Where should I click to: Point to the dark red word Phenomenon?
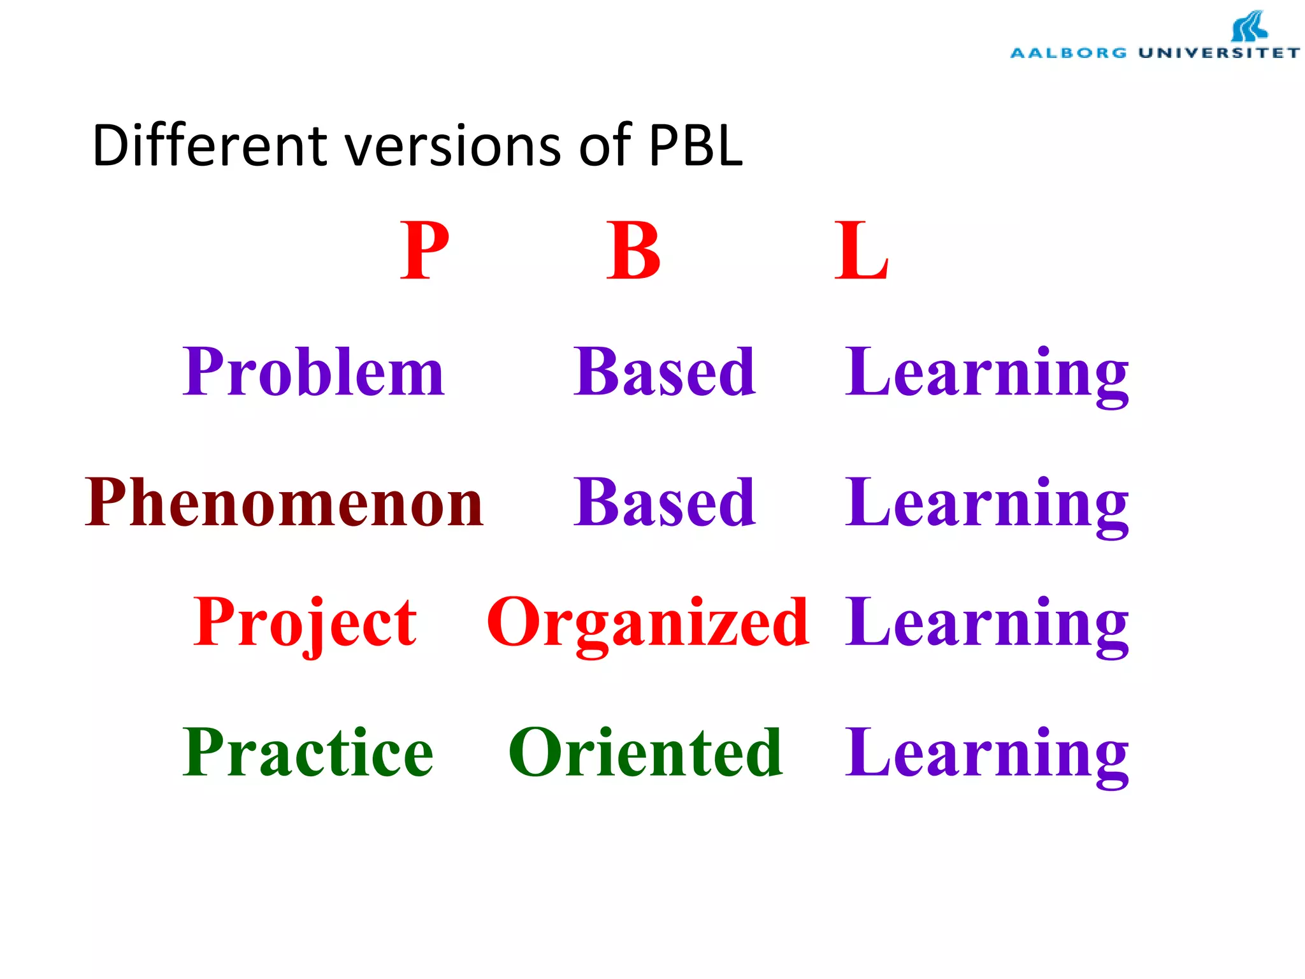point(285,503)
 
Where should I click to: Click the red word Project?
point(305,622)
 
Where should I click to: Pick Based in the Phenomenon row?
point(665,503)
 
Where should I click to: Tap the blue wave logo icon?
point(1249,27)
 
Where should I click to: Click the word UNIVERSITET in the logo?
point(1218,53)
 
